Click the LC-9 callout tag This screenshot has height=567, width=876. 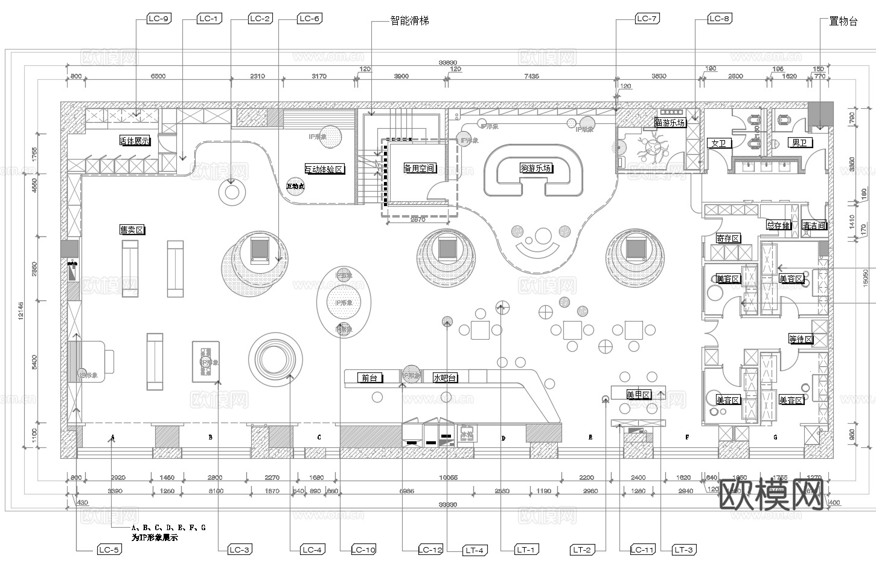pyautogui.click(x=158, y=19)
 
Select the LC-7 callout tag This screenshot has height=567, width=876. pyautogui.click(x=647, y=19)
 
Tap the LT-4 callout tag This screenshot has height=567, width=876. pyautogui.click(x=475, y=550)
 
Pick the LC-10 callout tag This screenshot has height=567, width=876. pyautogui.click(x=363, y=549)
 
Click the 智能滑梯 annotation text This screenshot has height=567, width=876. pyautogui.click(x=409, y=21)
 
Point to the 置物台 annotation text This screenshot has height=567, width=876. pyautogui.click(x=843, y=22)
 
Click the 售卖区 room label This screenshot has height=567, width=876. pyautogui.click(x=132, y=230)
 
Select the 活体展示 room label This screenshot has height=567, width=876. pyautogui.click(x=135, y=141)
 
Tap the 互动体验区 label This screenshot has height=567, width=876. pyautogui.click(x=324, y=169)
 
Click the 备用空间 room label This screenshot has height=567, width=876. pyautogui.click(x=420, y=168)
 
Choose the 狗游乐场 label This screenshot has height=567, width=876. pyautogui.click(x=536, y=168)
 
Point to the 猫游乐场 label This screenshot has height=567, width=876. pyautogui.click(x=670, y=123)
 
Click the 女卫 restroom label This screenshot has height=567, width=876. pyautogui.click(x=718, y=143)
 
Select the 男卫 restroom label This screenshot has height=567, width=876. pyautogui.click(x=799, y=143)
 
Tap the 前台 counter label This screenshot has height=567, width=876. pyautogui.click(x=369, y=378)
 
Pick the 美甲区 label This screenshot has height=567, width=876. pyautogui.click(x=638, y=395)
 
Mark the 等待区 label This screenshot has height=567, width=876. pyautogui.click(x=801, y=339)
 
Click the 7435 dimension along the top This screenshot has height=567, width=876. pyautogui.click(x=532, y=77)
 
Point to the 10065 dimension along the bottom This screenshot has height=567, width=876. pyautogui.click(x=447, y=478)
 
